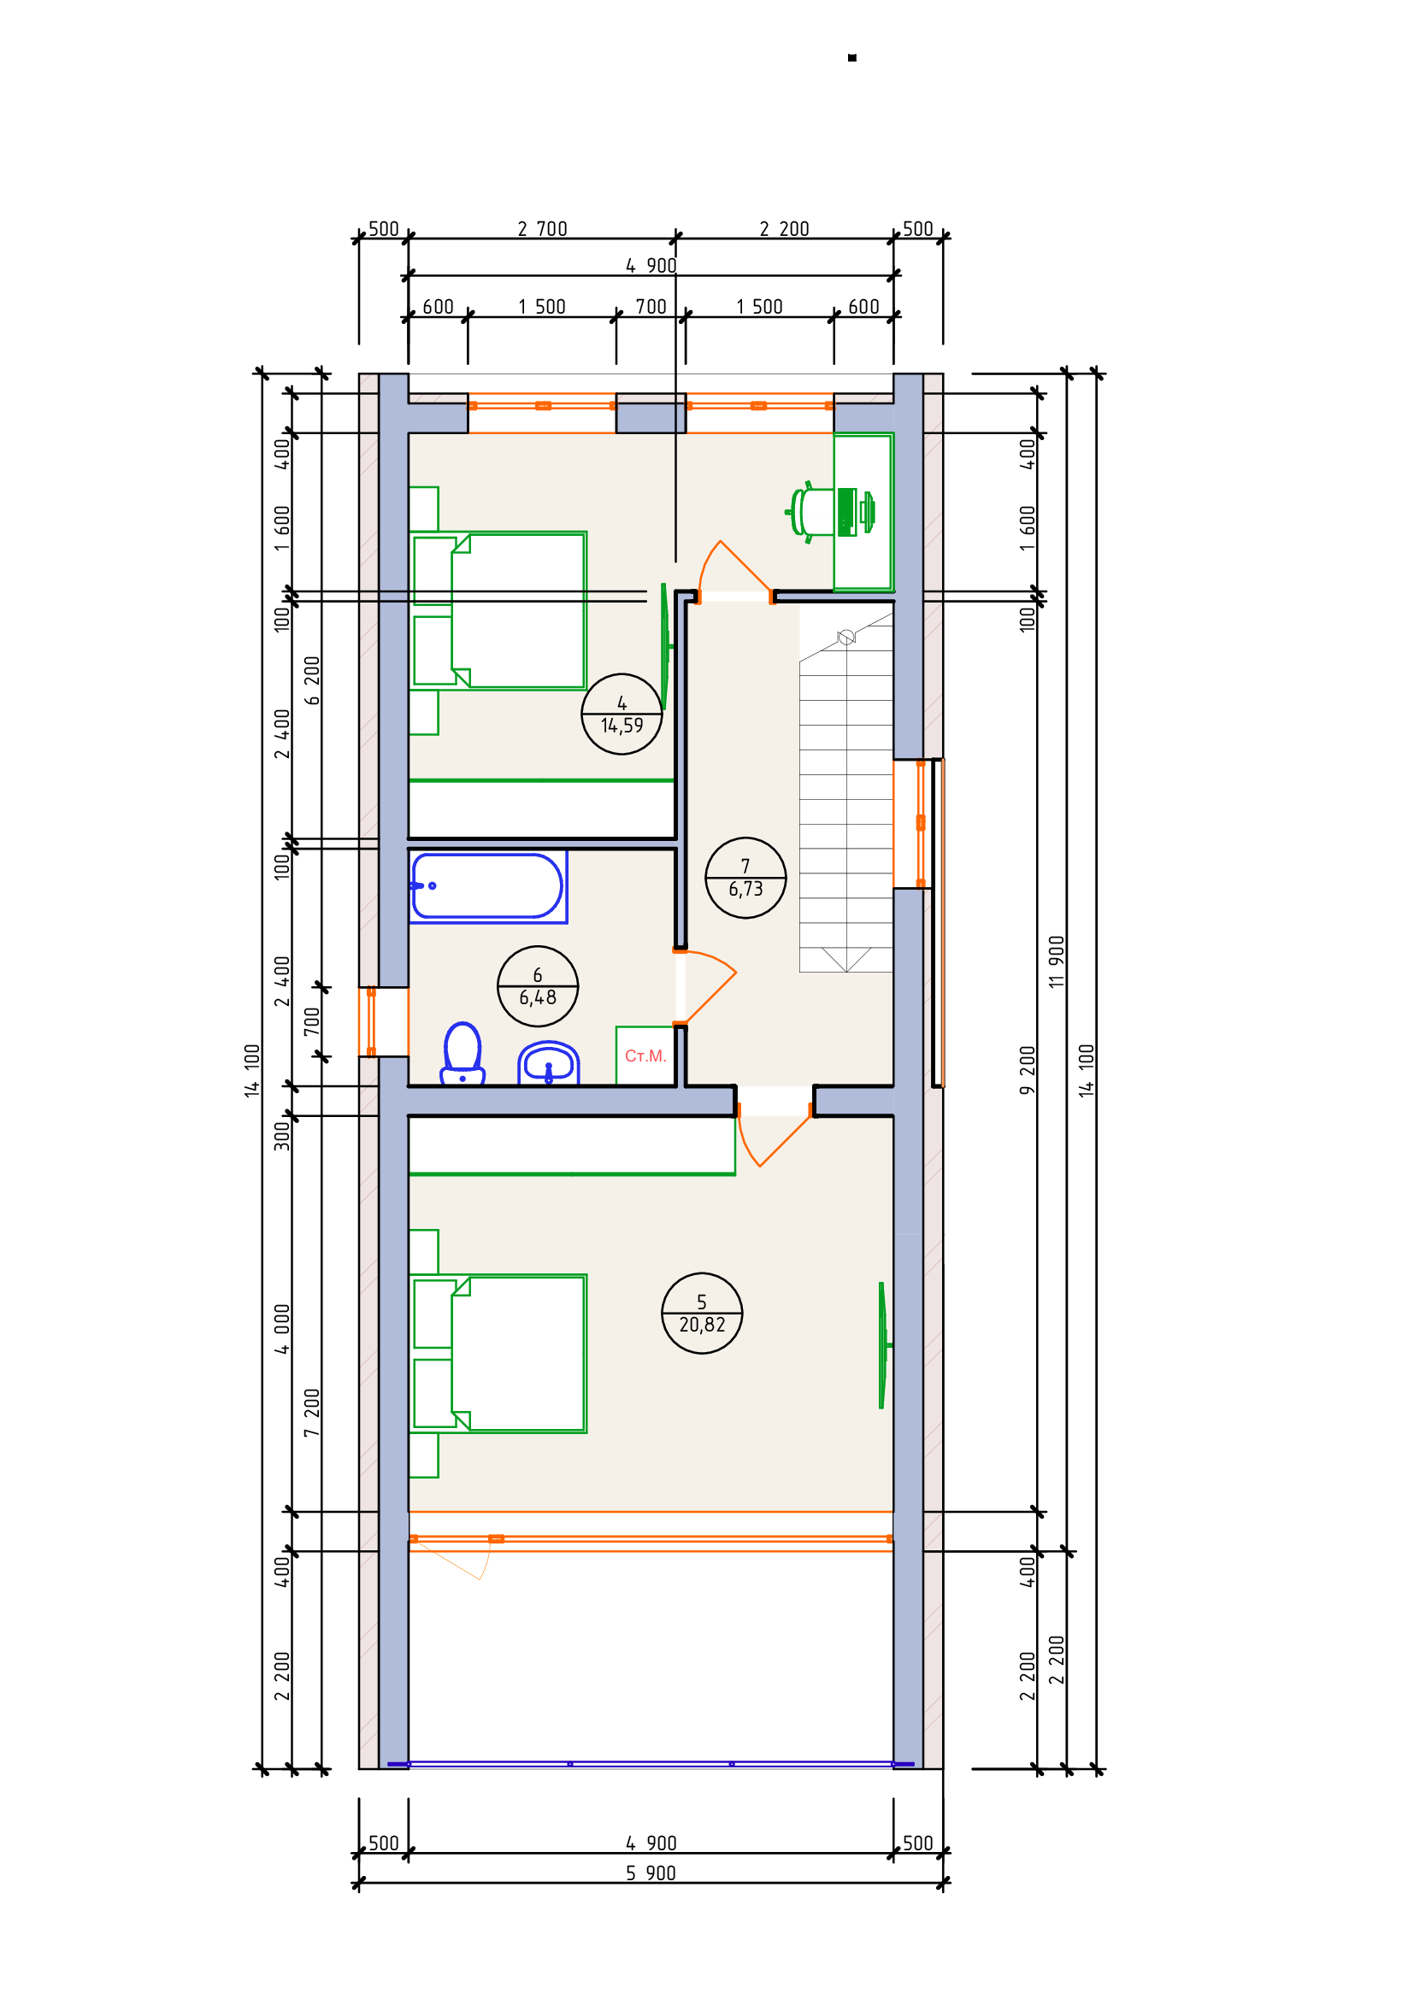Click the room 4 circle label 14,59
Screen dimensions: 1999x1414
(x=622, y=714)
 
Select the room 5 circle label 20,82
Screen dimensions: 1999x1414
(x=702, y=1313)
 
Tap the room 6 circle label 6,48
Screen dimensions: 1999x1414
(x=537, y=986)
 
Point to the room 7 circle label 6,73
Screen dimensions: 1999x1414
(x=745, y=878)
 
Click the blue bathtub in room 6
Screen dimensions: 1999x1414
(x=487, y=886)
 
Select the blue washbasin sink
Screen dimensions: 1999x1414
(x=549, y=1063)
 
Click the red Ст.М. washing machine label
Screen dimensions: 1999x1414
(x=645, y=1056)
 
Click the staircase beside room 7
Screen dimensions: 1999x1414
(x=845, y=801)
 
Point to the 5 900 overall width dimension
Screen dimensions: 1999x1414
(x=651, y=1873)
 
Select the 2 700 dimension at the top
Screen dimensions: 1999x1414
(x=541, y=229)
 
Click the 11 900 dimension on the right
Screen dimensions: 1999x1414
(x=1056, y=962)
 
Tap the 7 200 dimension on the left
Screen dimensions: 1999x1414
(x=312, y=1412)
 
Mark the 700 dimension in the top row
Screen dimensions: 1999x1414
(x=651, y=307)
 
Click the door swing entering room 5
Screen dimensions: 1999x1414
(x=770, y=1137)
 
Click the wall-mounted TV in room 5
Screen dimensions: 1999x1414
(x=882, y=1345)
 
